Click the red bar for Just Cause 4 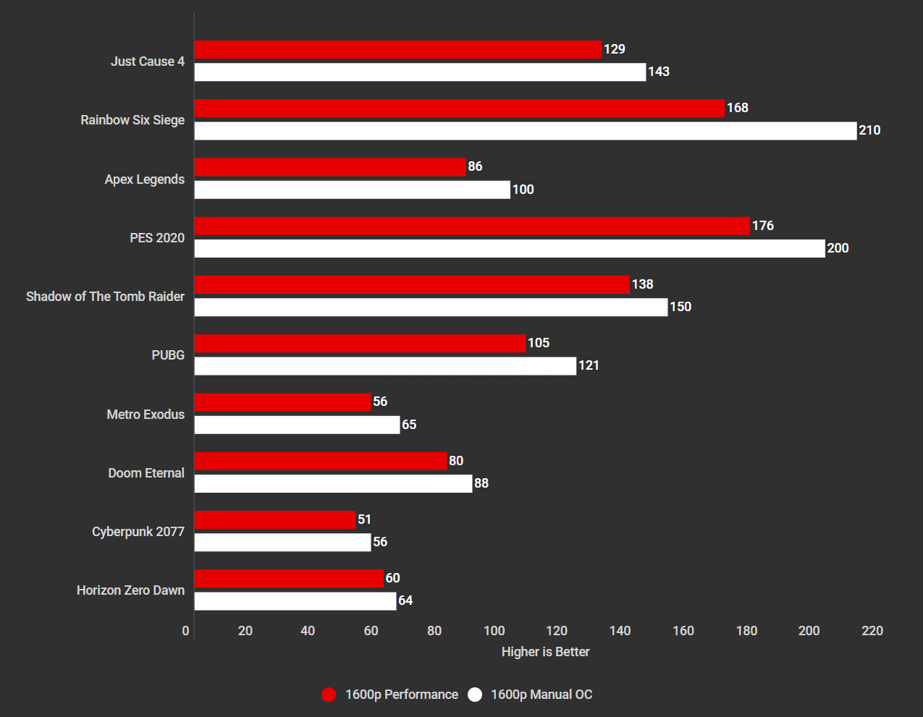[398, 50]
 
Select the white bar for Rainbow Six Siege [526, 131]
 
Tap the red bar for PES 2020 [472, 226]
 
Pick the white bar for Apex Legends [353, 190]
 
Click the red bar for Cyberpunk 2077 [275, 519]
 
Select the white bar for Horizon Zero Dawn [295, 601]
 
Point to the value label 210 [869, 130]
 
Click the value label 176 [763, 226]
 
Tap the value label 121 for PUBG [589, 365]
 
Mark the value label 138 [642, 284]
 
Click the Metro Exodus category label [146, 415]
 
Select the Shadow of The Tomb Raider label [105, 297]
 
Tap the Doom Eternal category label [146, 473]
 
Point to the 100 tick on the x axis [494, 631]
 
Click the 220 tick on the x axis [872, 631]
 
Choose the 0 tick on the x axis [186, 631]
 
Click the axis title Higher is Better [545, 652]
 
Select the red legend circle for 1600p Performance [329, 695]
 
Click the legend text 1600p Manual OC [541, 695]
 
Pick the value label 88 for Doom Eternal [481, 483]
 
